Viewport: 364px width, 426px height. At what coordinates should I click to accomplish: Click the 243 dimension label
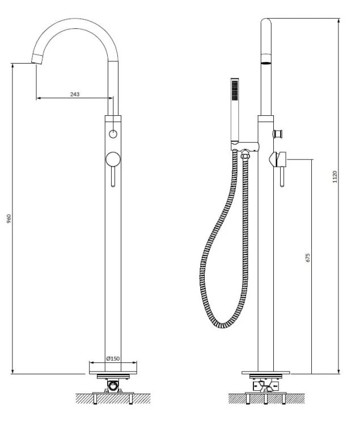click(x=75, y=94)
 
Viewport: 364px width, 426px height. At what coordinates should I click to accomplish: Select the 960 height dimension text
click(x=9, y=219)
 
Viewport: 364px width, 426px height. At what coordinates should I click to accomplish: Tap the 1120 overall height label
click(x=335, y=177)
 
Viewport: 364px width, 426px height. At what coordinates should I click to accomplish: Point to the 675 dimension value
click(x=307, y=257)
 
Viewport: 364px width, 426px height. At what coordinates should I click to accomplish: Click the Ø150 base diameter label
click(x=113, y=358)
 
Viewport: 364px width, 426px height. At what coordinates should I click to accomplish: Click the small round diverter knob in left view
click(x=113, y=134)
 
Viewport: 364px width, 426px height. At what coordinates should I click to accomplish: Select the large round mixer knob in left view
click(x=113, y=159)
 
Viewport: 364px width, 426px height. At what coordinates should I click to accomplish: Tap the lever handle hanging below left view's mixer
click(x=113, y=177)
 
